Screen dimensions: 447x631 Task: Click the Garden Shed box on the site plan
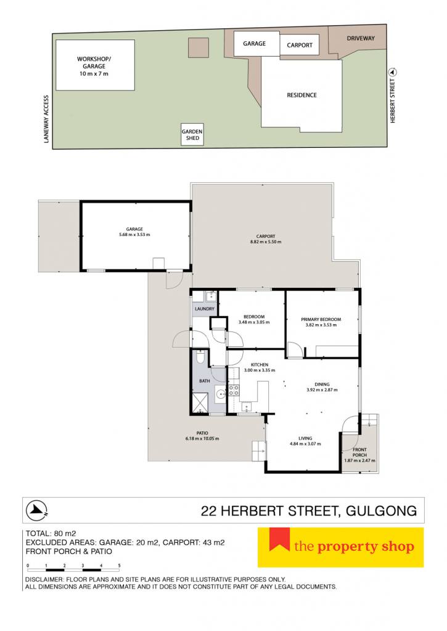[x=192, y=134]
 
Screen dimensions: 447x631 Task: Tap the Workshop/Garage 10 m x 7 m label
[x=94, y=66]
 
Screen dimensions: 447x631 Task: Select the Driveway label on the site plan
[x=361, y=38]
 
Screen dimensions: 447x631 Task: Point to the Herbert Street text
[x=393, y=100]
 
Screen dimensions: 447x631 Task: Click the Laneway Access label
[x=46, y=119]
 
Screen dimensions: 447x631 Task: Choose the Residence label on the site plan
[x=301, y=95]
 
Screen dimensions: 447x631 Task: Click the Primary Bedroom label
[x=321, y=319]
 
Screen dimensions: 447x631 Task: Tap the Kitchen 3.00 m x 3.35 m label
[x=260, y=367]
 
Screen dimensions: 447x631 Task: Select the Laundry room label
[x=205, y=309]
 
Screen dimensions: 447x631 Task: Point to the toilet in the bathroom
[x=200, y=357]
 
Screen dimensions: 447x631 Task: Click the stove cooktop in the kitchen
[x=234, y=389]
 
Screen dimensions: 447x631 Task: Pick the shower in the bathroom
[x=200, y=403]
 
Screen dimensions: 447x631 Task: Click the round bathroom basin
[x=220, y=394]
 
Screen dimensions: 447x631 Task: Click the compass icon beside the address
[x=36, y=510]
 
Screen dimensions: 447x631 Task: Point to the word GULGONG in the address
[x=382, y=511]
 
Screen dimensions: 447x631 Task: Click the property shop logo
[x=341, y=547]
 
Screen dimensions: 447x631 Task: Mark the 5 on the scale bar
[x=119, y=566]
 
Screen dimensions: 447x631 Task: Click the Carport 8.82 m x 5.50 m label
[x=266, y=239]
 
